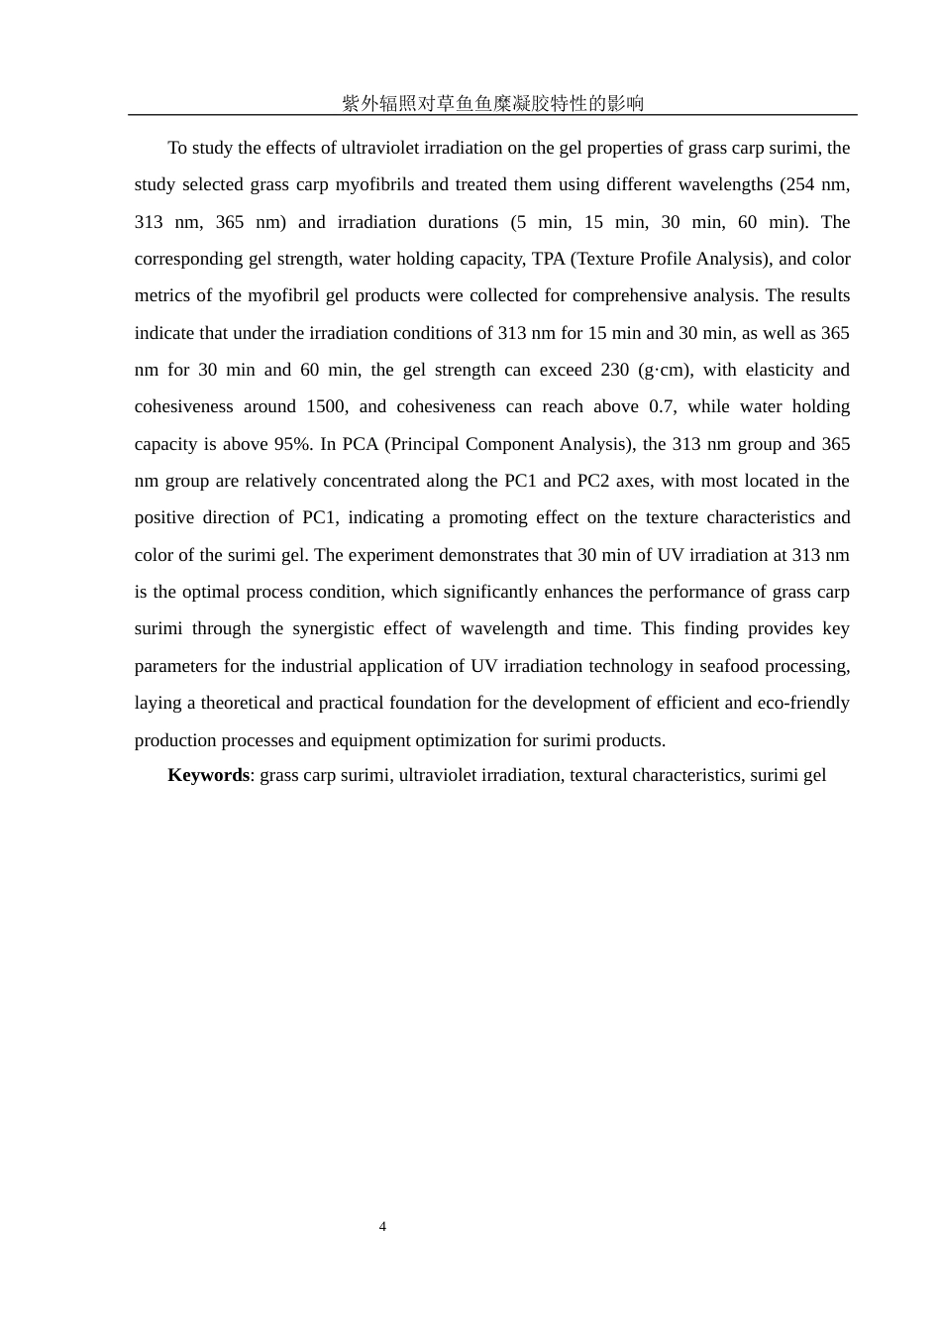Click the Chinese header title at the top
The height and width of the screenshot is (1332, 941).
(x=492, y=103)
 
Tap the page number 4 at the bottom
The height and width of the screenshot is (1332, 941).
(x=382, y=1227)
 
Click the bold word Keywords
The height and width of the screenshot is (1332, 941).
(x=208, y=775)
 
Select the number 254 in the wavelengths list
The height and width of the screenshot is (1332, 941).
(x=802, y=184)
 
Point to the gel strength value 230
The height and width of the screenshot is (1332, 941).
(x=614, y=370)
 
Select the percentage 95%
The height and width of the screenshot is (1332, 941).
(x=293, y=444)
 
